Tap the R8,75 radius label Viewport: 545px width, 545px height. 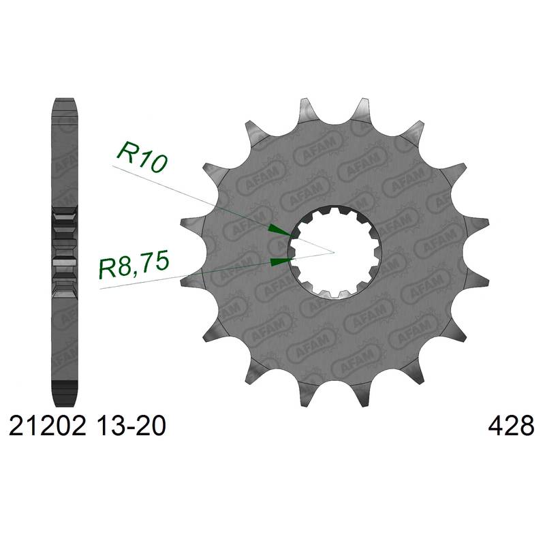tap(134, 264)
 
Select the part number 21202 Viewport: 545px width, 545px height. tap(47, 426)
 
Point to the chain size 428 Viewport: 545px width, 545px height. tap(511, 426)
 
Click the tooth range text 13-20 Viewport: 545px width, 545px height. tap(131, 426)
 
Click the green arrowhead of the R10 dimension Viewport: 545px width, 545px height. tap(280, 230)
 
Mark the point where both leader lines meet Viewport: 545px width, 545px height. tap(334, 252)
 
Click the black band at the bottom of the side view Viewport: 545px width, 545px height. tap(64, 386)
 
